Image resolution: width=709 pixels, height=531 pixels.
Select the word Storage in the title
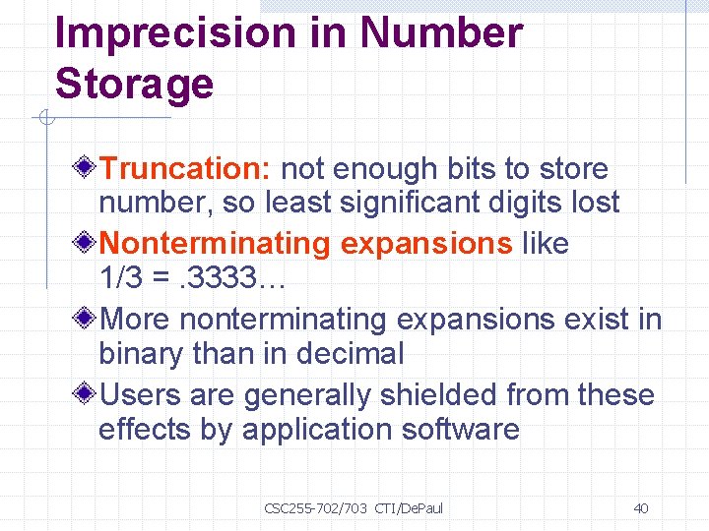coord(134,84)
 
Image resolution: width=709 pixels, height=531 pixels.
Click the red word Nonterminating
coord(215,243)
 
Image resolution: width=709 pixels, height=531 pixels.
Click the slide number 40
coord(640,508)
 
